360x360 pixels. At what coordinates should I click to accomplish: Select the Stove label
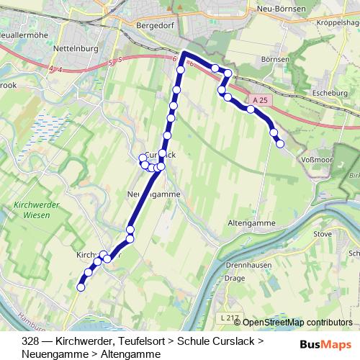point(323,234)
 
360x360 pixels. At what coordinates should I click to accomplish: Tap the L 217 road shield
point(230,317)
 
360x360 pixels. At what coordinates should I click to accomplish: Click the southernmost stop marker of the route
point(81,287)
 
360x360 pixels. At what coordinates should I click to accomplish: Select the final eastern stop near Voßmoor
point(280,144)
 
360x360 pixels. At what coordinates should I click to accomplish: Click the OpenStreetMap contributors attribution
point(297,323)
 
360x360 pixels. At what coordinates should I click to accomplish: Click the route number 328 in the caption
point(30,341)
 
